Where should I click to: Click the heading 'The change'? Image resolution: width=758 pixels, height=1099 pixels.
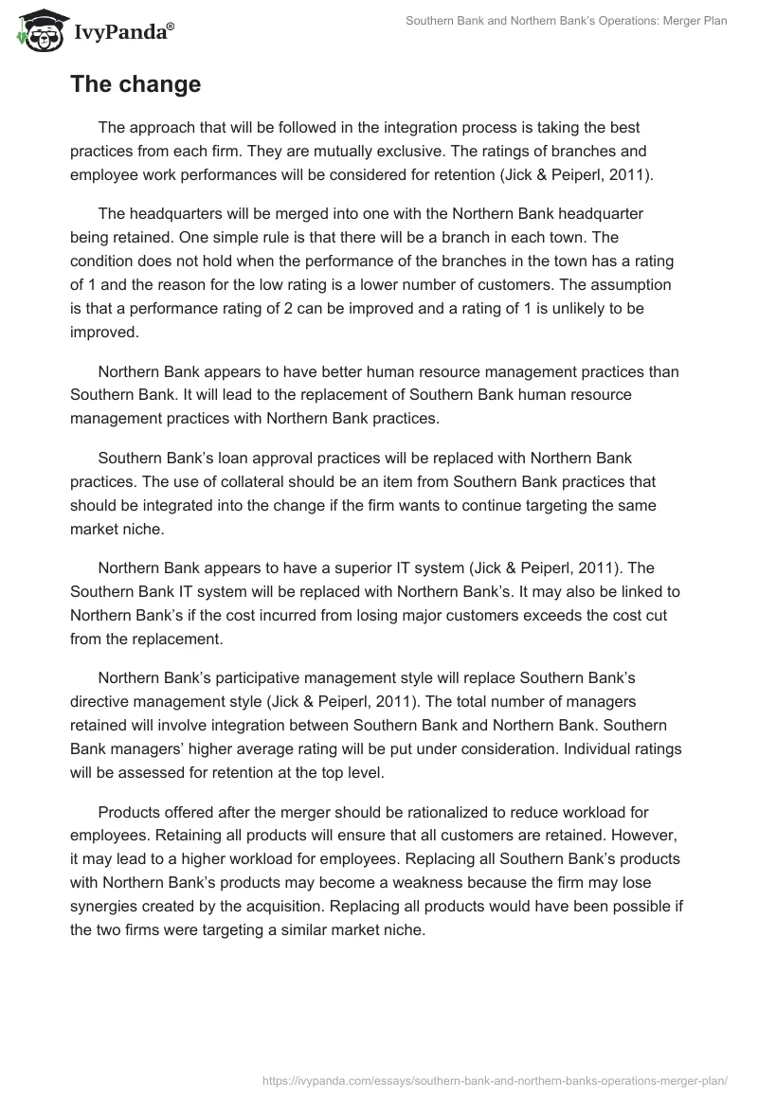click(x=135, y=84)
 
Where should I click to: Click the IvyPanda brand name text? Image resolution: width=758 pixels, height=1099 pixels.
click(x=118, y=32)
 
